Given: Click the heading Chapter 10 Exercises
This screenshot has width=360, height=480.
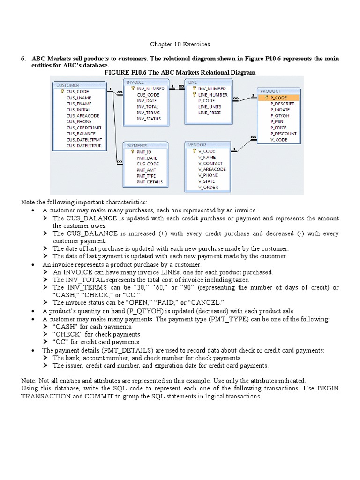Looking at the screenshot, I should (180, 45).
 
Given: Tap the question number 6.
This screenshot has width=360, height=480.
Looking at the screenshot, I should (22, 58).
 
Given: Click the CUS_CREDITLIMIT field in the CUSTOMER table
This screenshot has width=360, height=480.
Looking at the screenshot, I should (84, 127).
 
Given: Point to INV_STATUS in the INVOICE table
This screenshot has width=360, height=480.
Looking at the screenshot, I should (149, 119).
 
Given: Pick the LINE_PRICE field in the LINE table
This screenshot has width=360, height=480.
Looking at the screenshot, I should (209, 112).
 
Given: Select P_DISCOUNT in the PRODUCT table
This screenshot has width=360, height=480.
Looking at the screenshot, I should (283, 134).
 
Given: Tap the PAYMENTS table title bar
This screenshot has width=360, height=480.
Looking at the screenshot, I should (144, 146).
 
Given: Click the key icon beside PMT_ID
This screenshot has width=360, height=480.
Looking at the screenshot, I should (133, 152).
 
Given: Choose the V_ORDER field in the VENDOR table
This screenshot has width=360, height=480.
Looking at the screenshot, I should (208, 187).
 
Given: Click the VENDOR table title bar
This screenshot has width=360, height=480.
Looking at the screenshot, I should (207, 145).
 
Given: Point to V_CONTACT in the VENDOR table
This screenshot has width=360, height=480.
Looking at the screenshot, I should (210, 163).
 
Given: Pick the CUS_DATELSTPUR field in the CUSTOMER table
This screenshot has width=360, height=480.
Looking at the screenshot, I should (84, 146).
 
